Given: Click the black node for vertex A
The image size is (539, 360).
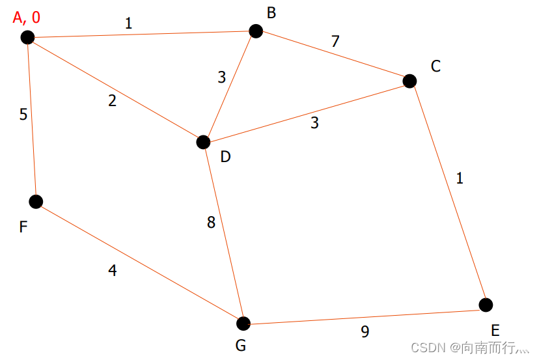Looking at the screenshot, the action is [x=27, y=37].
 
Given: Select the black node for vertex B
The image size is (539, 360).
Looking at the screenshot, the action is [x=256, y=31].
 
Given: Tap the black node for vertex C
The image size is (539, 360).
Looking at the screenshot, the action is [x=409, y=81].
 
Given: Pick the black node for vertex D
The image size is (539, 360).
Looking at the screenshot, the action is [x=203, y=142].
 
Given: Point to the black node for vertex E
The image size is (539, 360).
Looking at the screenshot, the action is [x=486, y=305].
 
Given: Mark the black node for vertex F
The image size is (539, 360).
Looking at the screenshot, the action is [x=36, y=201].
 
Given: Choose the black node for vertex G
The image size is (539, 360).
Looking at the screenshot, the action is [x=243, y=324].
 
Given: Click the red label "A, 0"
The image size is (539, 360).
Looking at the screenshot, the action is [x=26, y=17].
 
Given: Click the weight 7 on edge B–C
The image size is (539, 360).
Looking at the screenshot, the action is [x=335, y=42].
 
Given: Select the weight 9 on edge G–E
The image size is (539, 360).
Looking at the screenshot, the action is [x=365, y=332].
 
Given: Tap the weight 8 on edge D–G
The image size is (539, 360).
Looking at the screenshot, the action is [x=211, y=223].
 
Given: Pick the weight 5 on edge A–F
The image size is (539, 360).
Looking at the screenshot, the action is [x=23, y=115].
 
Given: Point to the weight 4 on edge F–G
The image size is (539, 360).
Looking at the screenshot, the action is [x=113, y=271].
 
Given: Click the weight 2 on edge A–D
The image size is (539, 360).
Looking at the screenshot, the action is [x=113, y=101].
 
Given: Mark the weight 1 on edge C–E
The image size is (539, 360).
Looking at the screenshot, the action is [x=460, y=178].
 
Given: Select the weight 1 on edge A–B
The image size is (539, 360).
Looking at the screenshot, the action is [x=128, y=23].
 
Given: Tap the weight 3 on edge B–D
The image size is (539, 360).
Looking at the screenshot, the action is [x=221, y=77].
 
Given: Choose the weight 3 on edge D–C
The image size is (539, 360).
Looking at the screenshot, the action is [x=314, y=122].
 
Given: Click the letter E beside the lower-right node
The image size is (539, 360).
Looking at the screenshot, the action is [x=495, y=330].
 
